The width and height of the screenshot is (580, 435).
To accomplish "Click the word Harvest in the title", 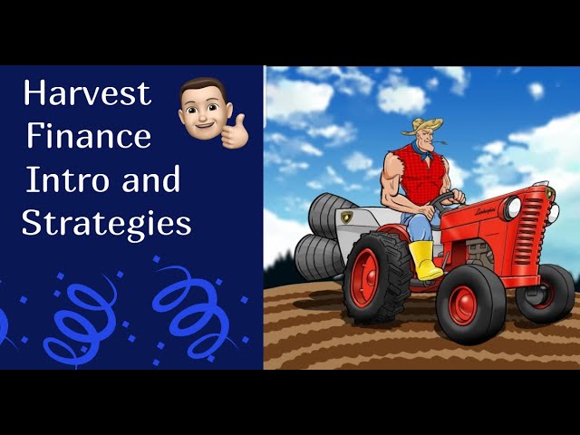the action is click(x=88, y=92).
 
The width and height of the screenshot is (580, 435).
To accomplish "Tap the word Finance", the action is click(x=89, y=135).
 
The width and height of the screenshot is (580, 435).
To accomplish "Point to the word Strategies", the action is click(x=107, y=224).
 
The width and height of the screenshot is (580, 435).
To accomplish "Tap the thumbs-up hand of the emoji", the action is click(x=235, y=132).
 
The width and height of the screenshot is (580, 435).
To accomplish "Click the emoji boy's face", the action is click(x=205, y=111).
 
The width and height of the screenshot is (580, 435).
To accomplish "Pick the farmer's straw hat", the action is click(x=422, y=126).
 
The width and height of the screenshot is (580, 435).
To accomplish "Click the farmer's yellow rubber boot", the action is click(x=425, y=260).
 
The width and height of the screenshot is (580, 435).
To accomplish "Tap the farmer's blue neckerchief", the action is click(x=421, y=150).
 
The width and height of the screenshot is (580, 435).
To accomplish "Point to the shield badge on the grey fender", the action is click(x=346, y=217).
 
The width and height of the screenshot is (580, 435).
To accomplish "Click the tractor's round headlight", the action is click(x=511, y=208).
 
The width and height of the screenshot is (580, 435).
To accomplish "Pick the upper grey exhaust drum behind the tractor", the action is click(x=329, y=216).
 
